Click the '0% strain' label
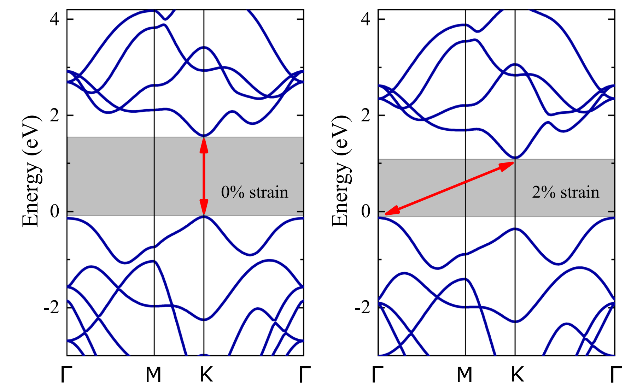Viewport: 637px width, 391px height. coord(255,192)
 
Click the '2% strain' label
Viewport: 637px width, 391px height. coord(566,192)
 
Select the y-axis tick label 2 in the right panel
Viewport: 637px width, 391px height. coord(366,115)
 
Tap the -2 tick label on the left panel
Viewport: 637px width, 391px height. coord(51,308)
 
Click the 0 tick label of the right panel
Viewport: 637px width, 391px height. coord(366,212)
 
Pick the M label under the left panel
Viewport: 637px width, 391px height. coord(153,375)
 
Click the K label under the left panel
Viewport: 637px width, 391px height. coord(206,375)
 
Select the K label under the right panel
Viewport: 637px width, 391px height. coord(517,375)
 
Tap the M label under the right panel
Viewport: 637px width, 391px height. coord(464,375)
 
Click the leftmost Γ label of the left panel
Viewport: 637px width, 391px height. coord(66,375)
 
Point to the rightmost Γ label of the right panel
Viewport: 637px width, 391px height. coord(616,375)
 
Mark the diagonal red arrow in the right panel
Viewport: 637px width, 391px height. coord(449,188)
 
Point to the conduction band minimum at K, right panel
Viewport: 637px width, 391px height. coord(515,158)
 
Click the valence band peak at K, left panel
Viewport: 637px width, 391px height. coord(204,216)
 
